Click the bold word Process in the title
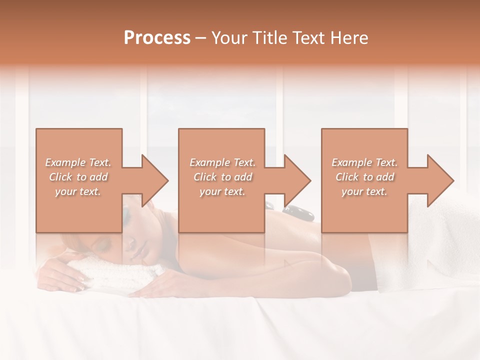pos(157,38)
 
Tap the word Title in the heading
pos(271,38)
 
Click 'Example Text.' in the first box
pos(78,162)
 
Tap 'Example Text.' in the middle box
pos(222,162)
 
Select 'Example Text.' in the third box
pos(364,162)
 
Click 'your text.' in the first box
pos(78,191)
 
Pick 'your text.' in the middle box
pos(222,191)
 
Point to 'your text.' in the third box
pos(364,191)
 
